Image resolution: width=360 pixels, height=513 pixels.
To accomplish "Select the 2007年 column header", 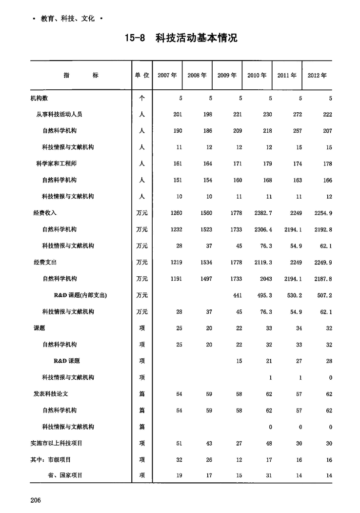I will click(167, 76).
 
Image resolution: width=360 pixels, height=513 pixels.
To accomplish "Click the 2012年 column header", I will click(317, 76).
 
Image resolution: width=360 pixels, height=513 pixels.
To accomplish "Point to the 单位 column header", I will click(141, 76).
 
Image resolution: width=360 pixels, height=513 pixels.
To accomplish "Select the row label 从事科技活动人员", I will click(59, 114).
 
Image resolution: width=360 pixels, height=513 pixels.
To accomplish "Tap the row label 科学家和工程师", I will click(56, 164).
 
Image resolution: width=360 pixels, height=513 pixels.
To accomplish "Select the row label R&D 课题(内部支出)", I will click(80, 295).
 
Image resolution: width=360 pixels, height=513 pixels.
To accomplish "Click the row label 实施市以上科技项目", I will click(56, 443).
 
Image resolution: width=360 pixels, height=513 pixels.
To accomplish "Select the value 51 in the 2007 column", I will click(179, 443).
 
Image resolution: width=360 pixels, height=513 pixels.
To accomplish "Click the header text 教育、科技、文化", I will click(67, 19).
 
